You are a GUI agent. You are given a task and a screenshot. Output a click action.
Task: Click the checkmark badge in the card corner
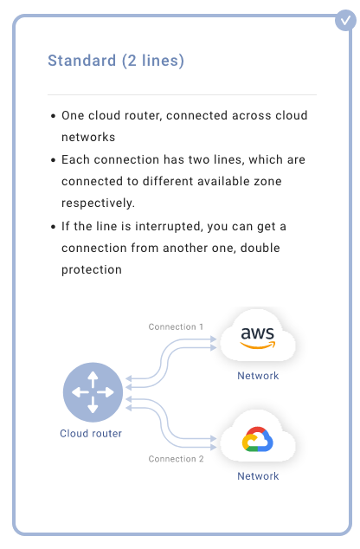345,20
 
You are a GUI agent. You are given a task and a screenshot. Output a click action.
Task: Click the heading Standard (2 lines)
116,61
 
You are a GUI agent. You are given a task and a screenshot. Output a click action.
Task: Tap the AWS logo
258,338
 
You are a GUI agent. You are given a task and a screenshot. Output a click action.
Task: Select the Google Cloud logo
258,439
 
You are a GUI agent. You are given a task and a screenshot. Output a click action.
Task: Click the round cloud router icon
93,392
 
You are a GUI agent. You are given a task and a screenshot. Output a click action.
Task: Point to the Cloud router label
91,434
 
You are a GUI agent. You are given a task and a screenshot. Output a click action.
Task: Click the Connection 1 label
176,326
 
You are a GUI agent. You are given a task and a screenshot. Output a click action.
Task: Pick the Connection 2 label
176,459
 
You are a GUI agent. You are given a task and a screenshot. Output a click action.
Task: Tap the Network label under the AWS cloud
258,376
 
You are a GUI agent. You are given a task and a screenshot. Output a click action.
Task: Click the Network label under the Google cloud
258,476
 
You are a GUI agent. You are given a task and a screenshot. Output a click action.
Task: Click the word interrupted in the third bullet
169,227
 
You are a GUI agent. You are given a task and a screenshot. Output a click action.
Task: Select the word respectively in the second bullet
98,203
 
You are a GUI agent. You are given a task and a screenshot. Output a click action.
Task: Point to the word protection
92,269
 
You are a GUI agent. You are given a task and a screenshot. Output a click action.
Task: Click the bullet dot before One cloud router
53,116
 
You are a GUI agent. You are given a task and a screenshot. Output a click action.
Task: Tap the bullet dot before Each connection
53,160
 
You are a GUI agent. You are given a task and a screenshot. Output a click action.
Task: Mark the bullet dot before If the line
53,227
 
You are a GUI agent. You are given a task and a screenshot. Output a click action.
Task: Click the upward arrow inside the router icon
93,379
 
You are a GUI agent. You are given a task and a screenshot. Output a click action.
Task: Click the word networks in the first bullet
88,137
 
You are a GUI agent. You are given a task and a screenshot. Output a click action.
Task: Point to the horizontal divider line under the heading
182,94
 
